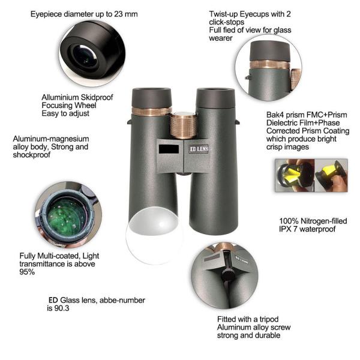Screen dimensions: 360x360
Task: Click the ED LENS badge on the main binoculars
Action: (x=199, y=149)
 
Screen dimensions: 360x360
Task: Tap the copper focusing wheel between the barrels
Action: (x=184, y=125)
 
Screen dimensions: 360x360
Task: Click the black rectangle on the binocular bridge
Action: (x=169, y=149)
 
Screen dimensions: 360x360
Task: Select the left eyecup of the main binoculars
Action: (x=152, y=98)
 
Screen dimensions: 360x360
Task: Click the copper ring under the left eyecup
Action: (x=152, y=112)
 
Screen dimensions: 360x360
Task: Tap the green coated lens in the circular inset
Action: (x=66, y=217)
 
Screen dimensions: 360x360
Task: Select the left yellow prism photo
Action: (x=295, y=175)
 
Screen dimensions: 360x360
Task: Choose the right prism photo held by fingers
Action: (x=331, y=175)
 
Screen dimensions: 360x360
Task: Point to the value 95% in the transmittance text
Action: (x=27, y=272)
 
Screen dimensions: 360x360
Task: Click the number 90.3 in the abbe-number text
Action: (x=62, y=308)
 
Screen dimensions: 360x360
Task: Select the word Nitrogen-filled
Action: (x=324, y=221)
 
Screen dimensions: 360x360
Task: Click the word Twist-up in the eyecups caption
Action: (x=223, y=14)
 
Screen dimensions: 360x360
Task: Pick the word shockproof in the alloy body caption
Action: (x=32, y=155)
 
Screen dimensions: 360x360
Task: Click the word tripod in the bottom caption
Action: (x=269, y=319)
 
